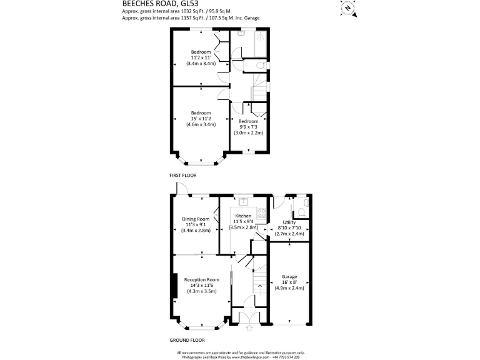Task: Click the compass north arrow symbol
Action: point(347,8)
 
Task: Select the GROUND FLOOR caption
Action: point(187,340)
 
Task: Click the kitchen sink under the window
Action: point(242,201)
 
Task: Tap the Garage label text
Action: point(289,276)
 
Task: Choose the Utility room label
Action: point(289,222)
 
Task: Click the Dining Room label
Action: point(196,219)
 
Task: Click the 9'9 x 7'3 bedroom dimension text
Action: point(248,127)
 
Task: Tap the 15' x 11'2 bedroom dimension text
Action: point(201,119)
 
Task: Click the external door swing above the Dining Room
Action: point(181,189)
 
